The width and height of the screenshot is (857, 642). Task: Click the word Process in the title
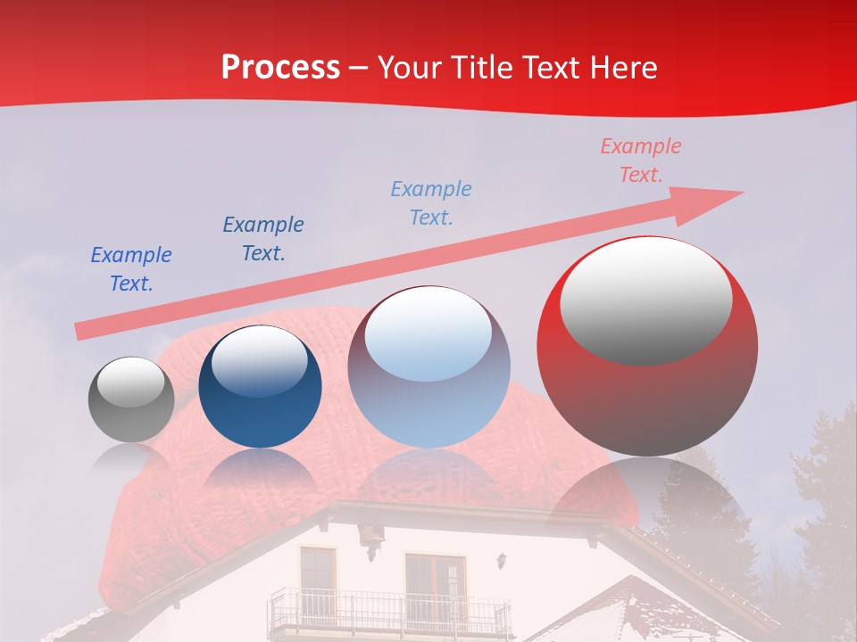tap(280, 68)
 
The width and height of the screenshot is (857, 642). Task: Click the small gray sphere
tap(131, 399)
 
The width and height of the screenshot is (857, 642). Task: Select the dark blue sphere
tap(259, 386)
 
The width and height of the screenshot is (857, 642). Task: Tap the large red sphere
tap(647, 346)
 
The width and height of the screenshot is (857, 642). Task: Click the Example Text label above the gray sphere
tap(131, 269)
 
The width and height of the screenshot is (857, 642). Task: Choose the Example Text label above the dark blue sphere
tap(263, 239)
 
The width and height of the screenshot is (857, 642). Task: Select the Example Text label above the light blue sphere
tap(431, 202)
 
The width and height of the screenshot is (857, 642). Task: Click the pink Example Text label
tap(640, 160)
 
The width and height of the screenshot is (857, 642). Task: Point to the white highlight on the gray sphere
tap(131, 383)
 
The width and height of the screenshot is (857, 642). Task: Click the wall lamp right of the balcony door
tap(503, 561)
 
